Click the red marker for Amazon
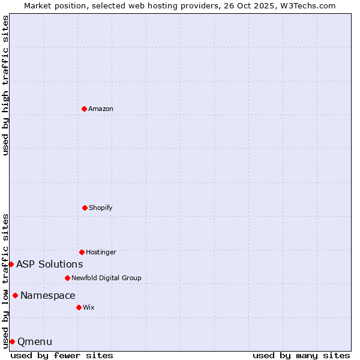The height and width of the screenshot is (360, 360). tap(85, 109)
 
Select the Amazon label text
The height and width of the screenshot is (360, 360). tap(101, 109)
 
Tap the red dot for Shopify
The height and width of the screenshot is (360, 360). tap(85, 208)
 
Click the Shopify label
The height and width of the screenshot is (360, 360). tap(101, 208)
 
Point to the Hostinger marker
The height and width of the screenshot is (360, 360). tap(82, 252)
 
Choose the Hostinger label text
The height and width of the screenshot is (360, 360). tap(101, 252)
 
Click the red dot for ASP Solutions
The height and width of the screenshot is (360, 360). tap(11, 264)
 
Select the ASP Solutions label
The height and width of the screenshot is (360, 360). tap(49, 264)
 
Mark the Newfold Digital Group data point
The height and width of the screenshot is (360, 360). tap(67, 278)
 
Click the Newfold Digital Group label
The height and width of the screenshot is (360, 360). tap(106, 278)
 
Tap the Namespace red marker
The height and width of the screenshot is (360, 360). tap(15, 295)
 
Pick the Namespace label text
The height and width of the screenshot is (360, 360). tap(48, 295)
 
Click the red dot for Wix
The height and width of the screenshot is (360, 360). tap(79, 307)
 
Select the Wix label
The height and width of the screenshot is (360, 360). tap(89, 307)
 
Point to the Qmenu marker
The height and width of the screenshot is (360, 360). tap(12, 341)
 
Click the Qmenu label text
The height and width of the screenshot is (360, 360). tap(35, 341)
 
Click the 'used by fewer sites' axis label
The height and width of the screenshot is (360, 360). tap(62, 355)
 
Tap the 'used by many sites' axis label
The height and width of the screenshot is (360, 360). tap(301, 355)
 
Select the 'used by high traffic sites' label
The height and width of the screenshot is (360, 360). tap(5, 85)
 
